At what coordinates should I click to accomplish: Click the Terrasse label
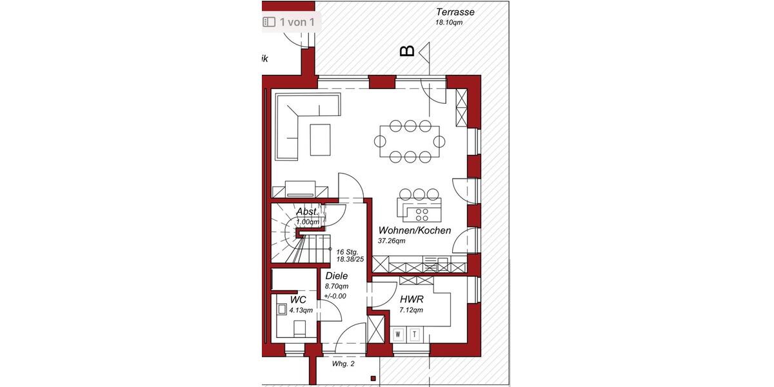click(x=455, y=12)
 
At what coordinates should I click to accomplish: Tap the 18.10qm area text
click(x=449, y=23)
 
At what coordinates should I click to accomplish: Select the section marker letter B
click(x=407, y=51)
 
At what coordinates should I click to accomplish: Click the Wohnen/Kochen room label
click(x=414, y=231)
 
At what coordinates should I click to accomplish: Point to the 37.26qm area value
click(x=392, y=241)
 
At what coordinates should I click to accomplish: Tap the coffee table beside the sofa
click(x=320, y=140)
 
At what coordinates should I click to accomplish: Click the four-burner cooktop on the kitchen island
click(x=422, y=213)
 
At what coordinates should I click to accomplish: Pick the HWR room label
click(x=412, y=299)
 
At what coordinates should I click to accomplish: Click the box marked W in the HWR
click(x=398, y=334)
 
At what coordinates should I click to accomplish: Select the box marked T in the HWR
click(x=415, y=334)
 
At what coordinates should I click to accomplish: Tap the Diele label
click(x=337, y=276)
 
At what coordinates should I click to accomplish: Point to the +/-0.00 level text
click(x=335, y=296)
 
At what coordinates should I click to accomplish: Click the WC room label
click(x=298, y=300)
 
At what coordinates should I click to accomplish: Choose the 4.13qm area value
click(x=301, y=310)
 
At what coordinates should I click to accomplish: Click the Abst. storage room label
click(x=307, y=212)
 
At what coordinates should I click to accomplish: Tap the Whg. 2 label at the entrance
click(x=343, y=364)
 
